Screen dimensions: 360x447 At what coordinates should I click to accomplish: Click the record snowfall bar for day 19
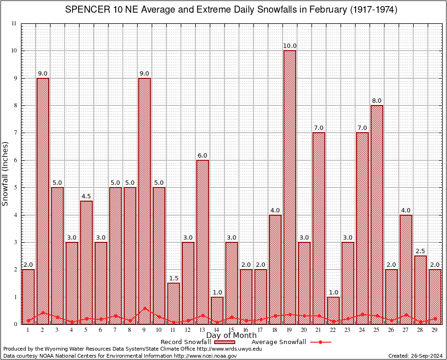pos(290,187)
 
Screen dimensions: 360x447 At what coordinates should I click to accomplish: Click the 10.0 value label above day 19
pos(290,46)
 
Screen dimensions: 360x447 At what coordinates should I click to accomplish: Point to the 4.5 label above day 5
pos(86,196)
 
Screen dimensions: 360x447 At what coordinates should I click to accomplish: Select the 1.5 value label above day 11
pos(173,278)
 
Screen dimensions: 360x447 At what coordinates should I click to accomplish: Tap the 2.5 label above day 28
pos(420,251)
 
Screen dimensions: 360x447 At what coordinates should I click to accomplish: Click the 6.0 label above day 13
pos(202,156)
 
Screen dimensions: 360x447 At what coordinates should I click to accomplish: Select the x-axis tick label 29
pos(435,330)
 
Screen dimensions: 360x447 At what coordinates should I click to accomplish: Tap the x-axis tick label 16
pos(246,330)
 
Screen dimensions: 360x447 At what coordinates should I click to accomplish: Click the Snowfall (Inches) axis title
pos(6,173)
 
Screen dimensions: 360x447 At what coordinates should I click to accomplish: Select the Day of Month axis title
pos(231,336)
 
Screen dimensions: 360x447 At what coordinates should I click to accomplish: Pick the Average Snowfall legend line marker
pos(320,342)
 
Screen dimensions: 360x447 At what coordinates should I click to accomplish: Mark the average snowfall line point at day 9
pos(144,308)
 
